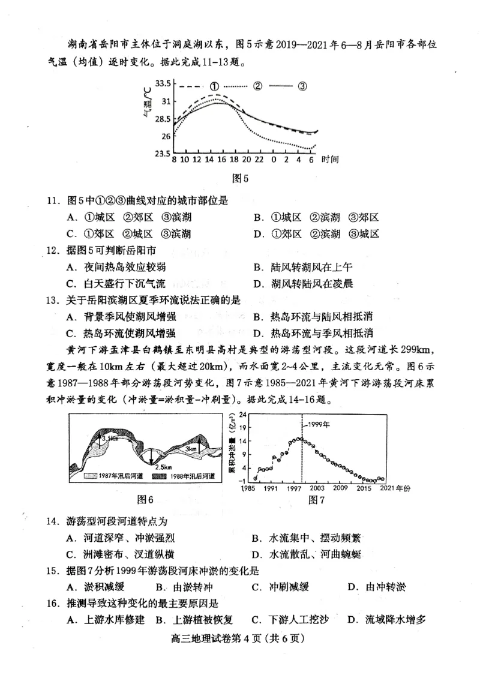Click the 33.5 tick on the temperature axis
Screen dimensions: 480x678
[x=163, y=83]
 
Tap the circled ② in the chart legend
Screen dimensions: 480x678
[x=258, y=86]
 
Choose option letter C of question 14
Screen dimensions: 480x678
[x=71, y=554]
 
